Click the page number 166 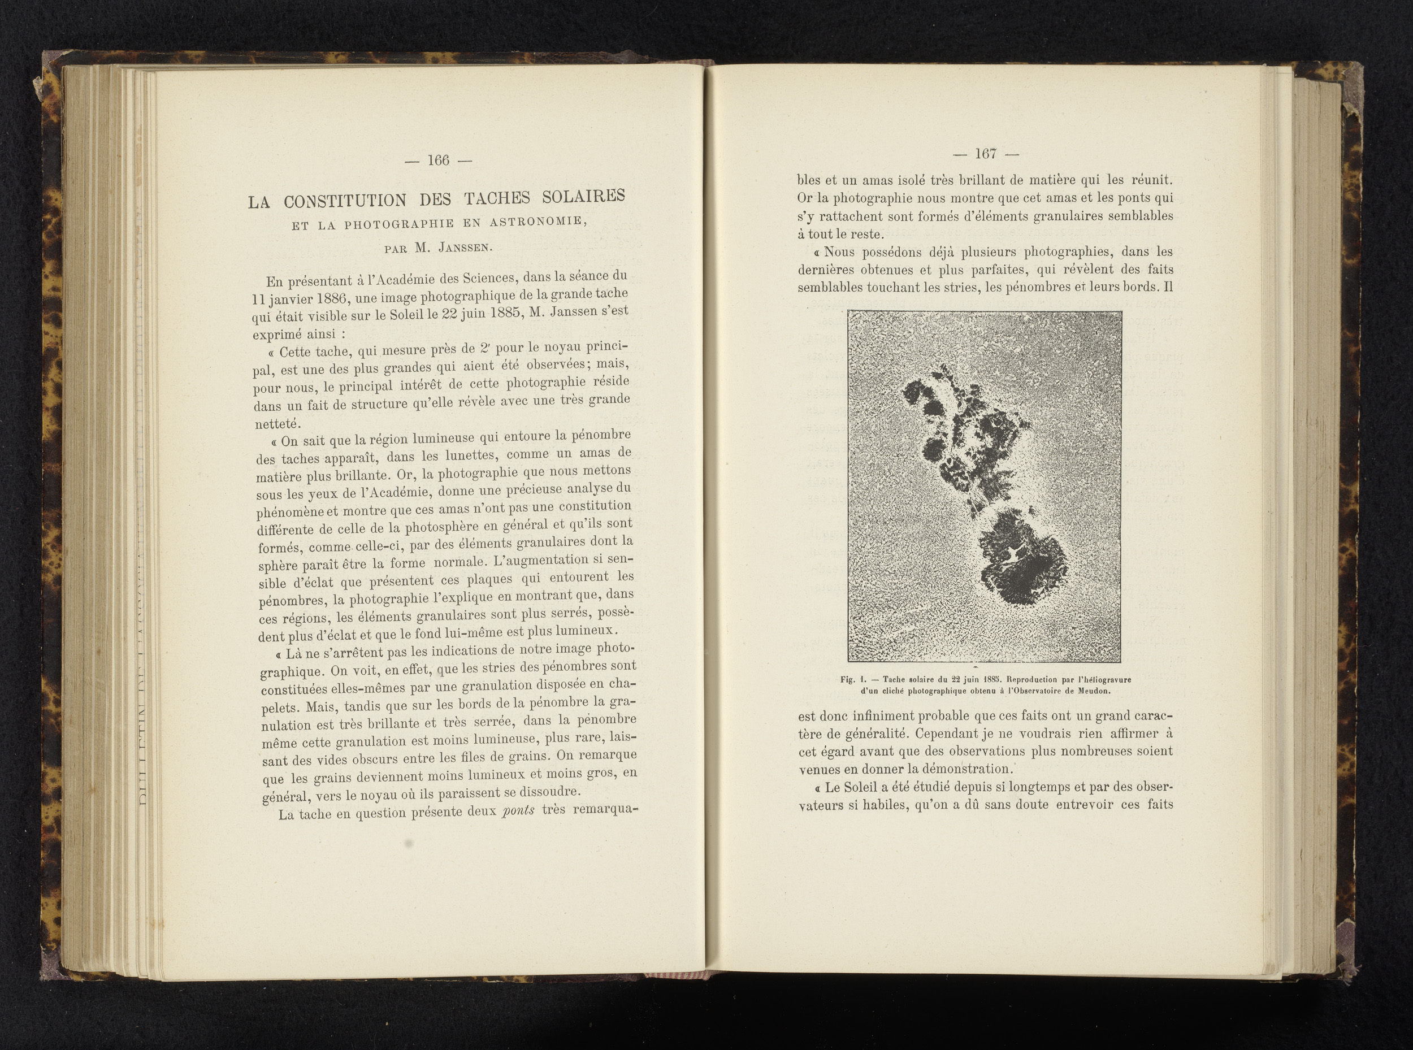pos(439,160)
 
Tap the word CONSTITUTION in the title pos(345,200)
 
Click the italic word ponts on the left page pos(518,810)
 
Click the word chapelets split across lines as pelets pos(280,708)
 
